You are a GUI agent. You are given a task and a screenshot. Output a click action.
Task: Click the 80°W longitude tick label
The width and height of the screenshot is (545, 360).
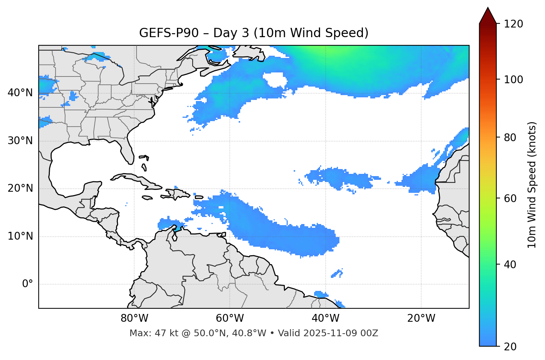tap(134, 318)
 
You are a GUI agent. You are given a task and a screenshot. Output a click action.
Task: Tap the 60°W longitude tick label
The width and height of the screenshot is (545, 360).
tap(230, 318)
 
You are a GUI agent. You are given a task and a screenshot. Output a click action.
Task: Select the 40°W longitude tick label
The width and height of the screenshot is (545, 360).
tap(325, 318)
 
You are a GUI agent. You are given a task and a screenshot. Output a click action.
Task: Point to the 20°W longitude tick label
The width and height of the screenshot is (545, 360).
tap(421, 318)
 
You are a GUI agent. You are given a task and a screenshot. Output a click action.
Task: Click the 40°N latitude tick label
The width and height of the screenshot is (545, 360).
tap(20, 93)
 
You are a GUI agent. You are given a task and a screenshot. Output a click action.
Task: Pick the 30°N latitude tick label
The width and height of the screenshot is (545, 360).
tap(20, 141)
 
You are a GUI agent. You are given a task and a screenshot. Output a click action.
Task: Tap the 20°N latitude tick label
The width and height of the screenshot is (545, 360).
tap(20, 188)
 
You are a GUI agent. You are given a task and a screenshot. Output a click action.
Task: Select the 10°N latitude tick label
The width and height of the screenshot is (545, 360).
tap(20, 236)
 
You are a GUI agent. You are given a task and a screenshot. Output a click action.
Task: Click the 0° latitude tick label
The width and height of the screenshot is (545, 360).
tap(27, 284)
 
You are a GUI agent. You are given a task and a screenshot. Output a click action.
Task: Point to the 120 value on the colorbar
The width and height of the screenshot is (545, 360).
tap(514, 24)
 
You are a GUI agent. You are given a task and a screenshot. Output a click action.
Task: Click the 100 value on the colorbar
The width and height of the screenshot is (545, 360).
tap(514, 80)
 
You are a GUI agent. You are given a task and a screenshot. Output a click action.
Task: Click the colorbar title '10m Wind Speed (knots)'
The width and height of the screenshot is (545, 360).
tap(532, 185)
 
